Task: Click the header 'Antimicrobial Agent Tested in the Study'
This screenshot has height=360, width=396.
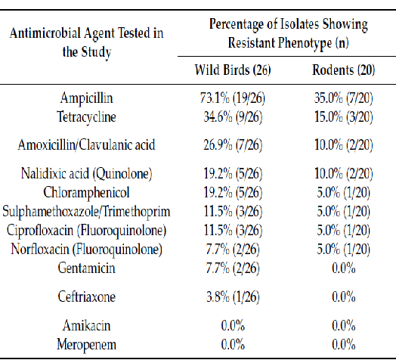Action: tap(90, 42)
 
